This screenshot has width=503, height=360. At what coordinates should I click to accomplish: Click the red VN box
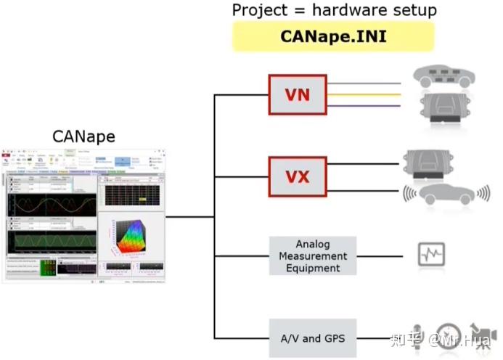click(x=298, y=94)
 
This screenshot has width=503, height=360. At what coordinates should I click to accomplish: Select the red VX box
click(x=298, y=176)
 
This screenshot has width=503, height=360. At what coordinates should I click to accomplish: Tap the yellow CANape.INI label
click(x=333, y=36)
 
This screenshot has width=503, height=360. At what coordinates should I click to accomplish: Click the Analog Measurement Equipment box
click(x=313, y=256)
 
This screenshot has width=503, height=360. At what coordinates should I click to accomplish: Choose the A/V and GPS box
click(x=313, y=337)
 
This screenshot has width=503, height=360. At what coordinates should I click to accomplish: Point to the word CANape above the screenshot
click(x=83, y=136)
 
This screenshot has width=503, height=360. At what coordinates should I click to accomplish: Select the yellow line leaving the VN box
click(x=363, y=94)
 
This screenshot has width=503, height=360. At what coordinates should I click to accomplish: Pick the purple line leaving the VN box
click(x=363, y=106)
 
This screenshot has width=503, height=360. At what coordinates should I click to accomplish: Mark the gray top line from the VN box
click(x=363, y=83)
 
